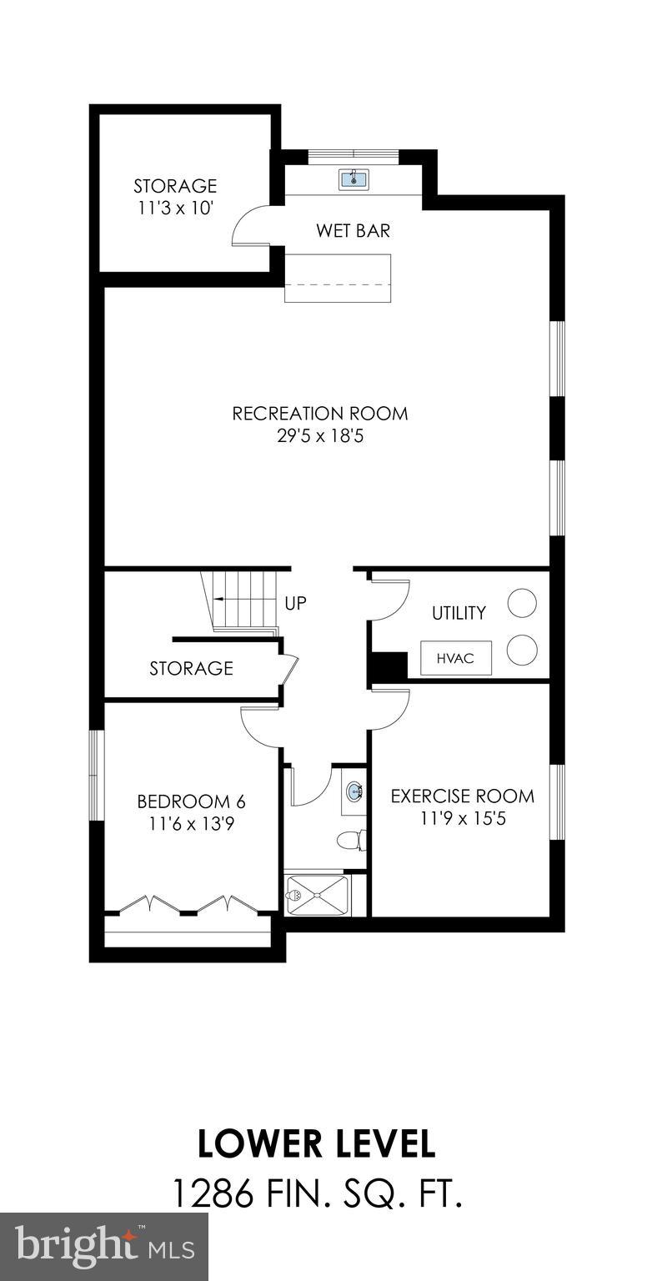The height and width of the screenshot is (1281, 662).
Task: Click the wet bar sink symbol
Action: tap(354, 178)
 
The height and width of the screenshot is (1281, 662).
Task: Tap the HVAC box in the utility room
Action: tap(455, 658)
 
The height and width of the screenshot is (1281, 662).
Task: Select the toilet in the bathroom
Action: tap(352, 840)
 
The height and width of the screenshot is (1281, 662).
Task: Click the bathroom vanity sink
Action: tap(354, 791)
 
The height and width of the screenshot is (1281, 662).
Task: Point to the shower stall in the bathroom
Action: tap(317, 895)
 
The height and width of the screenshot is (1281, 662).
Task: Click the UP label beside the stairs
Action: tap(296, 602)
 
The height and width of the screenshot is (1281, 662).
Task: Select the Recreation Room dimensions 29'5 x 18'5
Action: tap(320, 435)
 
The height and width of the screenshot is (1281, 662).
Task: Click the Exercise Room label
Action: tap(463, 796)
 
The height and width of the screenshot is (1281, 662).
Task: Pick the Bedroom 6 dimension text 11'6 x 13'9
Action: tap(192, 824)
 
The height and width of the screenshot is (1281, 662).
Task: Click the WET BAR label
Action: tap(353, 230)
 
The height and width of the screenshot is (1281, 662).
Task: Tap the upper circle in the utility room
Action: tap(522, 603)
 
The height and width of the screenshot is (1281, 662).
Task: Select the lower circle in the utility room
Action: tap(522, 650)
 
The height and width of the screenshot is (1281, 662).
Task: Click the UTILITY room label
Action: tap(459, 613)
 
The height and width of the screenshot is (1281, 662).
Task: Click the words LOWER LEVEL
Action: tap(317, 1143)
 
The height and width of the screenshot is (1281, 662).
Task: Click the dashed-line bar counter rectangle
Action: tap(339, 277)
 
